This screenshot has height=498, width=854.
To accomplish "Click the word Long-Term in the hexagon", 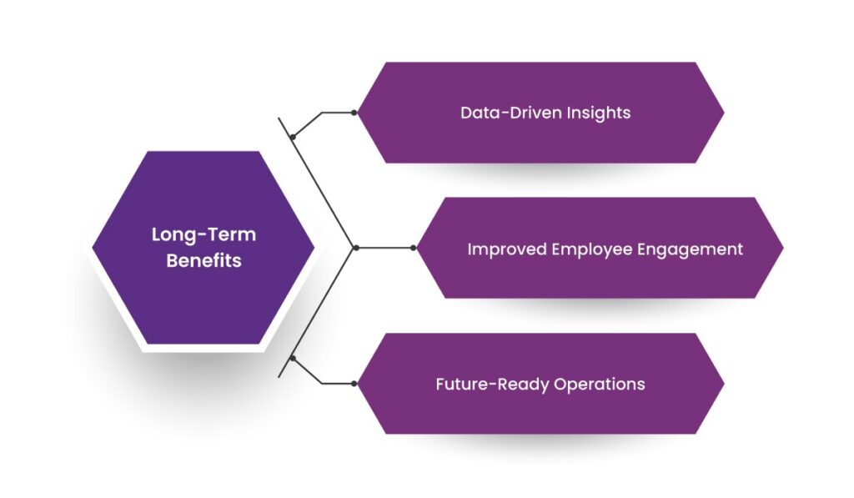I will point(203,234).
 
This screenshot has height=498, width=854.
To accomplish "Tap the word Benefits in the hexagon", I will point(203,260).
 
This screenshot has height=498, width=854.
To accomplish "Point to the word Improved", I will point(507,249).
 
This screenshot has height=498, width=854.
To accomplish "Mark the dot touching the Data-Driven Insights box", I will point(354,113).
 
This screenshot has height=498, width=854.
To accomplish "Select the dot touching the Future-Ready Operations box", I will point(354,384).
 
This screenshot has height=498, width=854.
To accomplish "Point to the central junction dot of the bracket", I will point(356,248).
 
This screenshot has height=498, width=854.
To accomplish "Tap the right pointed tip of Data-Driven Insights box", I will point(722,113).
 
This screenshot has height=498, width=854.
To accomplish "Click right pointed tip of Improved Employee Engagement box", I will point(782,248).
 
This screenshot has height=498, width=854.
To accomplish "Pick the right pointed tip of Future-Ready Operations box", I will point(722,384).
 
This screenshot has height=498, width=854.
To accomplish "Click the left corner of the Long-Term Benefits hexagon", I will point(93,248).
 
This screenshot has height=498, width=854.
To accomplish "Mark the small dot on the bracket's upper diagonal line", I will point(293,136).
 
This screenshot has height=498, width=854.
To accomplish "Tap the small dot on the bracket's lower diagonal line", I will point(293,360).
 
